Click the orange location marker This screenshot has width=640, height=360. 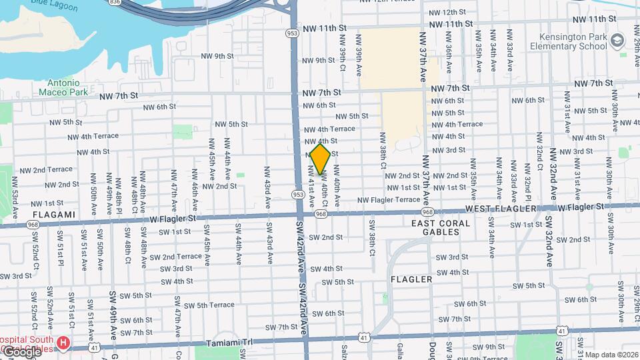tap(321, 159)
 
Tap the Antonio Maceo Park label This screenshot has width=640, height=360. tap(63, 87)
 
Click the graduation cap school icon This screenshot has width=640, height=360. tap(618, 42)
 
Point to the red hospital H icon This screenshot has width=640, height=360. tap(63, 343)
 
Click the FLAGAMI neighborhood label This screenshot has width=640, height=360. tap(53, 215)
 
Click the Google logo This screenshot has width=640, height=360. tap(21, 351)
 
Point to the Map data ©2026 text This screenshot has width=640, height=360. tap(611, 355)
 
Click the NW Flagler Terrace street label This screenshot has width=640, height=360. tap(389, 199)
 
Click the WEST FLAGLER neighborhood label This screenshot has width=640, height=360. tap(500, 209)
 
